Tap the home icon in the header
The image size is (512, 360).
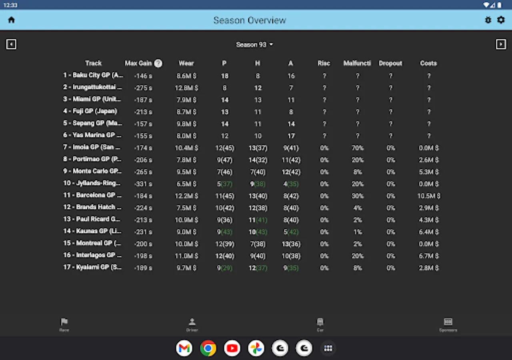[11, 20]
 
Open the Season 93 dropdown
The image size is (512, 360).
[254, 44]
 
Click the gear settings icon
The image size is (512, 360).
[501, 20]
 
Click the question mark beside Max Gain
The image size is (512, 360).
[158, 63]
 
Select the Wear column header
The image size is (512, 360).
[186, 63]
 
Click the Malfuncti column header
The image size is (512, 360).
[357, 63]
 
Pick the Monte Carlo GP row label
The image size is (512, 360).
[92, 171]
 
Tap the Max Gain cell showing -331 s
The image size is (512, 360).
[143, 184]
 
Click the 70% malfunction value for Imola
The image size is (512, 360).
[358, 148]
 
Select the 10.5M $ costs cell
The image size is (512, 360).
[428, 196]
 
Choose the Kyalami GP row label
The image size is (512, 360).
[92, 267]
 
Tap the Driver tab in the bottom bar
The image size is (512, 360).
[192, 324]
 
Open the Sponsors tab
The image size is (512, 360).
[448, 324]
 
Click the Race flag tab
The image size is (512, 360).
[64, 324]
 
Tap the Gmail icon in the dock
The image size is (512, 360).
[184, 348]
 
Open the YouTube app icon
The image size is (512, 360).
[232, 348]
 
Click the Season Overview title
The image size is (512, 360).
[250, 20]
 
